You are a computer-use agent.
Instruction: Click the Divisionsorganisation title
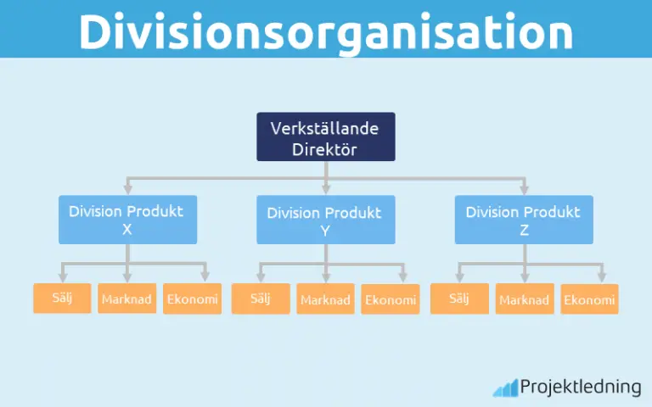coord(326,31)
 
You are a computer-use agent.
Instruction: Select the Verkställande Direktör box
coord(326,137)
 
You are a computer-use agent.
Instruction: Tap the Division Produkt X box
coord(127,220)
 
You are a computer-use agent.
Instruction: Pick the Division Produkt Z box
coord(524,220)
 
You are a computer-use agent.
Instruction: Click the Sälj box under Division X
coord(62,298)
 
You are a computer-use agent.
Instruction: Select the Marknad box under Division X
coord(126,299)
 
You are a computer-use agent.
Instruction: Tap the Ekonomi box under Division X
coord(192,299)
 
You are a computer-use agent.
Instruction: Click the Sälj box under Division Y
coord(260,298)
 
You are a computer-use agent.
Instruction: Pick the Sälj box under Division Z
coord(458,298)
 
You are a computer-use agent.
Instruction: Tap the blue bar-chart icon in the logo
coord(505,388)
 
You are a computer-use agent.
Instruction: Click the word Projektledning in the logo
coord(580,387)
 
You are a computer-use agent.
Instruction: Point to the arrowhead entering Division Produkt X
coord(127,191)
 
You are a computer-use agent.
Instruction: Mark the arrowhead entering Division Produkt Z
coord(524,191)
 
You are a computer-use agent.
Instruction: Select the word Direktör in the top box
coord(326,149)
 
